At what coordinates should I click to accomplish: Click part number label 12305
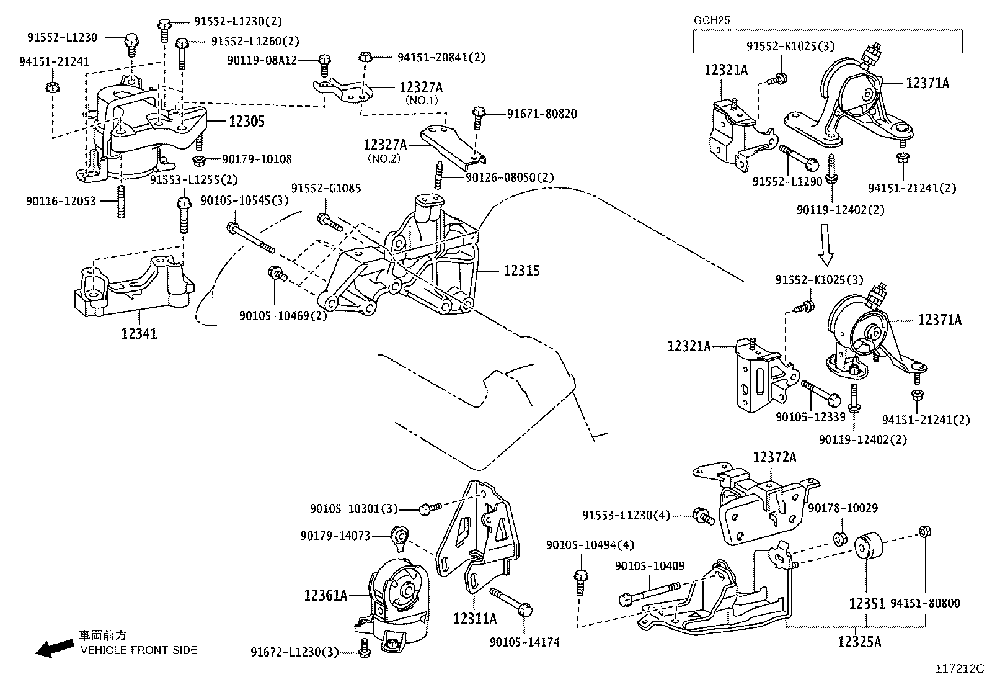coord(247,122)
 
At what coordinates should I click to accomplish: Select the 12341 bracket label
coord(139,334)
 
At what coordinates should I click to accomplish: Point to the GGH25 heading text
coord(712,20)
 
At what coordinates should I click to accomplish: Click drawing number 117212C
coord(960,669)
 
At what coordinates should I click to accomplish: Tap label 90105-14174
coord(524,642)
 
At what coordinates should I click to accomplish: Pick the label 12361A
coord(325,596)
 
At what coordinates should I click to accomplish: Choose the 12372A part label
coord(774,458)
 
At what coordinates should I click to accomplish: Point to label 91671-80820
coord(542,114)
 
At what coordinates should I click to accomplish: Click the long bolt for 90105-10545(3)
coord(251,238)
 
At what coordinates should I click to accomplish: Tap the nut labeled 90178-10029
coord(840,538)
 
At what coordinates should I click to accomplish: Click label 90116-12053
coord(61,201)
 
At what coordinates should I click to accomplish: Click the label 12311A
coord(475,619)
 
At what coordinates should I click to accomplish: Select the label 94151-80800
coord(925,603)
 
